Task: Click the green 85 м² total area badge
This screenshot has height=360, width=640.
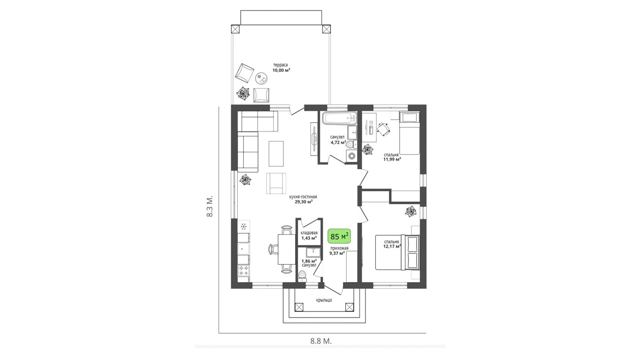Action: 339,236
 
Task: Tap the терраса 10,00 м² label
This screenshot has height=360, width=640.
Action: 281,67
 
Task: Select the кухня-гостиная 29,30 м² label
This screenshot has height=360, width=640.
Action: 303,199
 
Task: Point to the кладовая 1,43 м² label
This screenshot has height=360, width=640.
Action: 309,235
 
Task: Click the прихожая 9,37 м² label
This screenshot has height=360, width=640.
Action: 339,250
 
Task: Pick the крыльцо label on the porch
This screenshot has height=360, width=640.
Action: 324,300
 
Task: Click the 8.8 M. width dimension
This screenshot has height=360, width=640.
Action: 321,341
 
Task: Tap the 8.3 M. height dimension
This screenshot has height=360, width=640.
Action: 210,206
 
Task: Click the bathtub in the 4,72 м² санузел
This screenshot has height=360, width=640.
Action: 340,118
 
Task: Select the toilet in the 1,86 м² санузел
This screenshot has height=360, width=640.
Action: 302,276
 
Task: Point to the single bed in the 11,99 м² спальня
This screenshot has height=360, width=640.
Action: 409,133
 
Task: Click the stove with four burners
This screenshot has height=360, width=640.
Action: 243,270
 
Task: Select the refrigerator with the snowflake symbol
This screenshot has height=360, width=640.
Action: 244,227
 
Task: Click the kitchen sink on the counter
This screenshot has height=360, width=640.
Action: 243,249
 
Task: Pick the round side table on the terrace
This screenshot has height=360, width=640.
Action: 262,78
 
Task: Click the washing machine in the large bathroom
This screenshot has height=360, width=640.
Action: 352,156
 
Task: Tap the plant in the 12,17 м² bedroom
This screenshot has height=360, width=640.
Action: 411,211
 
